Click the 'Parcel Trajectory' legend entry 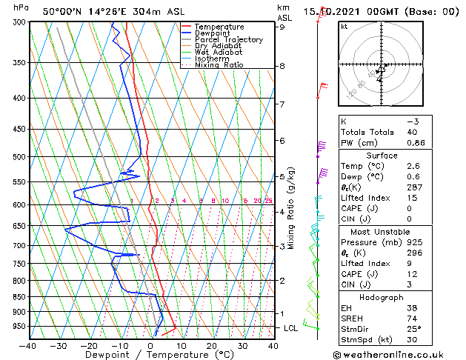pyautogui.click(x=228, y=40)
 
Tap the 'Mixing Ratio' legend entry pyautogui.click(x=219, y=65)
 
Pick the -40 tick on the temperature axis pyautogui.click(x=28, y=345)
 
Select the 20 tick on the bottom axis pyautogui.click(x=212, y=345)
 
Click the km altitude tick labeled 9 pyautogui.click(x=282, y=27)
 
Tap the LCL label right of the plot pyautogui.click(x=292, y=327)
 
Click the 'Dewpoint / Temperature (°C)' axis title pyautogui.click(x=150, y=355)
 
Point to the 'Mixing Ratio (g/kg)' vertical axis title pyautogui.click(x=292, y=207)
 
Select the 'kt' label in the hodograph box pyautogui.click(x=344, y=27)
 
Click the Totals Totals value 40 pyautogui.click(x=413, y=132)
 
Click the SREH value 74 pyautogui.click(x=413, y=319)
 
